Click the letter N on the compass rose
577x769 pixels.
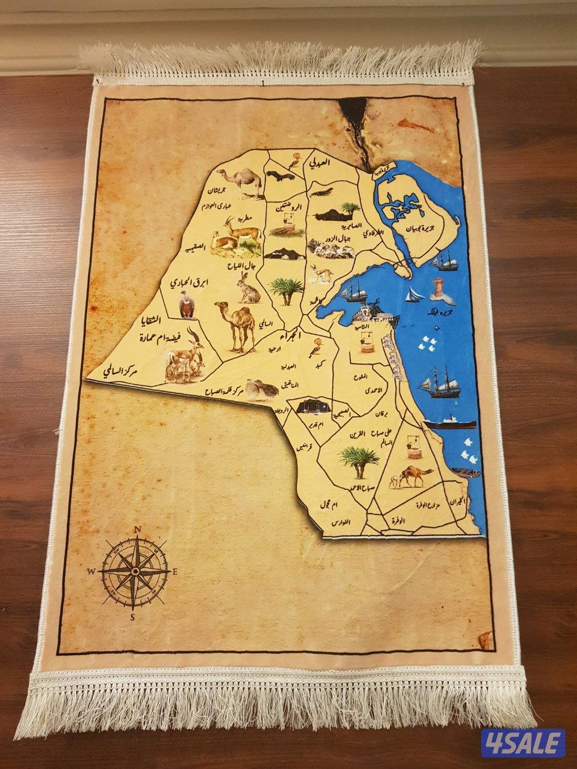click(137, 528)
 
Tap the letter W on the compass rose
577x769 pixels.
click(91, 571)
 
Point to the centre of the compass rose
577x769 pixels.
click(135, 571)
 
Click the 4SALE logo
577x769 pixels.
click(523, 733)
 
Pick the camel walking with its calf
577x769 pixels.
click(411, 476)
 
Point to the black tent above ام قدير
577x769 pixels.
click(312, 406)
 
